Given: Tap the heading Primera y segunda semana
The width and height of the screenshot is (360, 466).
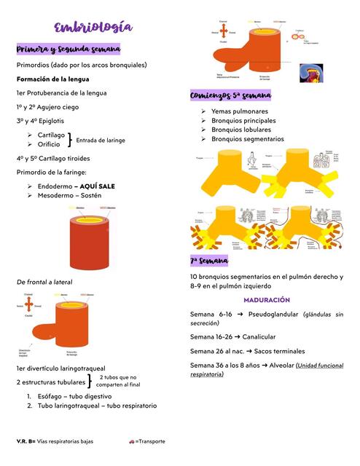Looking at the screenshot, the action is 68,49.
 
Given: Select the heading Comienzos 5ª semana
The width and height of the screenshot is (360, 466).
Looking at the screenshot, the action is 230,96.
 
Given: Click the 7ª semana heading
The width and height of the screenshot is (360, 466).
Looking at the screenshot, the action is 209,261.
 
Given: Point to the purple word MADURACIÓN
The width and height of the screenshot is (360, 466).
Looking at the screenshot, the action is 267,300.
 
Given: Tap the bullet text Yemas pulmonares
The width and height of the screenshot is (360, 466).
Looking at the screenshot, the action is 239,111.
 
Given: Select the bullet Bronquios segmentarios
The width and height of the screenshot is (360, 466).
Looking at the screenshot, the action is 248,138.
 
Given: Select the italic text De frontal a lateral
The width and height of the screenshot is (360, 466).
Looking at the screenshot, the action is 44,282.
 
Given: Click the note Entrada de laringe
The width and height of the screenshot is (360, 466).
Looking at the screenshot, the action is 101,141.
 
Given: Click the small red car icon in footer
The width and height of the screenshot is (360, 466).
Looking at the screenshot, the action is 131,441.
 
